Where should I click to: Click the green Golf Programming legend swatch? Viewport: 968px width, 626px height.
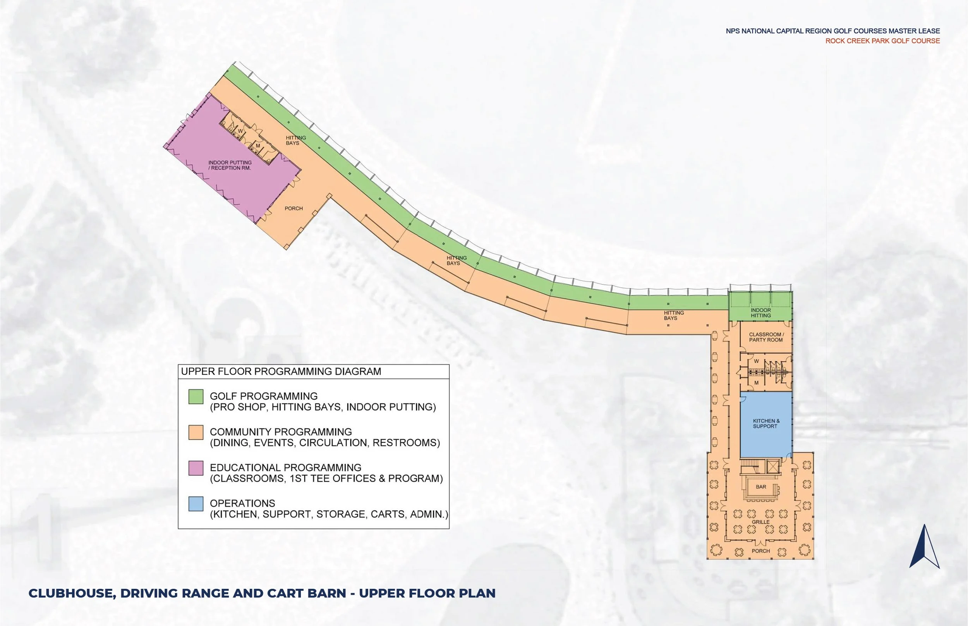point(196,397)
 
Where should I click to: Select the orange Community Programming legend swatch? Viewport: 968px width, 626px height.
point(196,432)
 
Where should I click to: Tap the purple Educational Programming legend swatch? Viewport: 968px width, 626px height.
point(196,468)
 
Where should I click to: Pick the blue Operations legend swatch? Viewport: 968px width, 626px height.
point(196,504)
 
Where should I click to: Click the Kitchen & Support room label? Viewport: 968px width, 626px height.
point(766,424)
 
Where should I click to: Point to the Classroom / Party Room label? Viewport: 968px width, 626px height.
point(766,337)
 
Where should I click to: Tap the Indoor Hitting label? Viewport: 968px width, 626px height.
point(761,312)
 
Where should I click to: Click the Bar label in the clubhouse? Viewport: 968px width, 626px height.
point(761,487)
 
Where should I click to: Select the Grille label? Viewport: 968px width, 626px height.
point(760,522)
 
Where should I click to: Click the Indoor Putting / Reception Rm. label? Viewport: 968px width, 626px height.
point(230,165)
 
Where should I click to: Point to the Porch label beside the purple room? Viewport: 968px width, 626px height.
point(293,209)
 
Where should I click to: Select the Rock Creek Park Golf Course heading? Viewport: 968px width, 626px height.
point(882,41)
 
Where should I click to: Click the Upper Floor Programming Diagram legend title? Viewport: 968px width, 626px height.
point(281,372)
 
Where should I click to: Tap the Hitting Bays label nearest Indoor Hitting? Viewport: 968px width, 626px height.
point(673,316)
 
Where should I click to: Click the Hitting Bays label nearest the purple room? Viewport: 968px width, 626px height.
point(295,140)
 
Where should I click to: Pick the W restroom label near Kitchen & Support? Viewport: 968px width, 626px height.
point(756,361)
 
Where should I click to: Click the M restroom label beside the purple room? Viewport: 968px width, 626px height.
point(258,146)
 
